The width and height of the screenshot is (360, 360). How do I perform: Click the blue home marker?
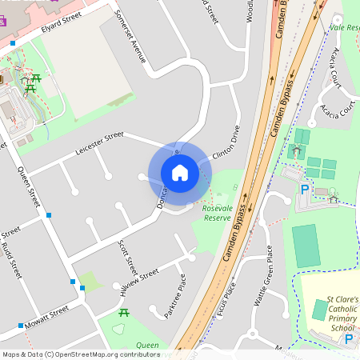(180, 172)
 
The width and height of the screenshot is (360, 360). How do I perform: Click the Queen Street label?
(30, 183)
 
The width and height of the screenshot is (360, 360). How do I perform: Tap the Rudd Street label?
(14, 260)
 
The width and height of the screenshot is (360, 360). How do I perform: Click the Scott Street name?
(127, 255)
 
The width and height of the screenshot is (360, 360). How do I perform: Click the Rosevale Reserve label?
(217, 213)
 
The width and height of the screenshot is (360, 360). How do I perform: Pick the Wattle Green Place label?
(263, 275)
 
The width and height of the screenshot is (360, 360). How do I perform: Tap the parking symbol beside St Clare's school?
(348, 339)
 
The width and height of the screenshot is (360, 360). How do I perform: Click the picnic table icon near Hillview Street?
(124, 312)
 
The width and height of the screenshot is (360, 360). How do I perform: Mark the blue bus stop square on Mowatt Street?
(20, 326)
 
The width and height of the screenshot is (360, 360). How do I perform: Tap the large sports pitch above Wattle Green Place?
(305, 246)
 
